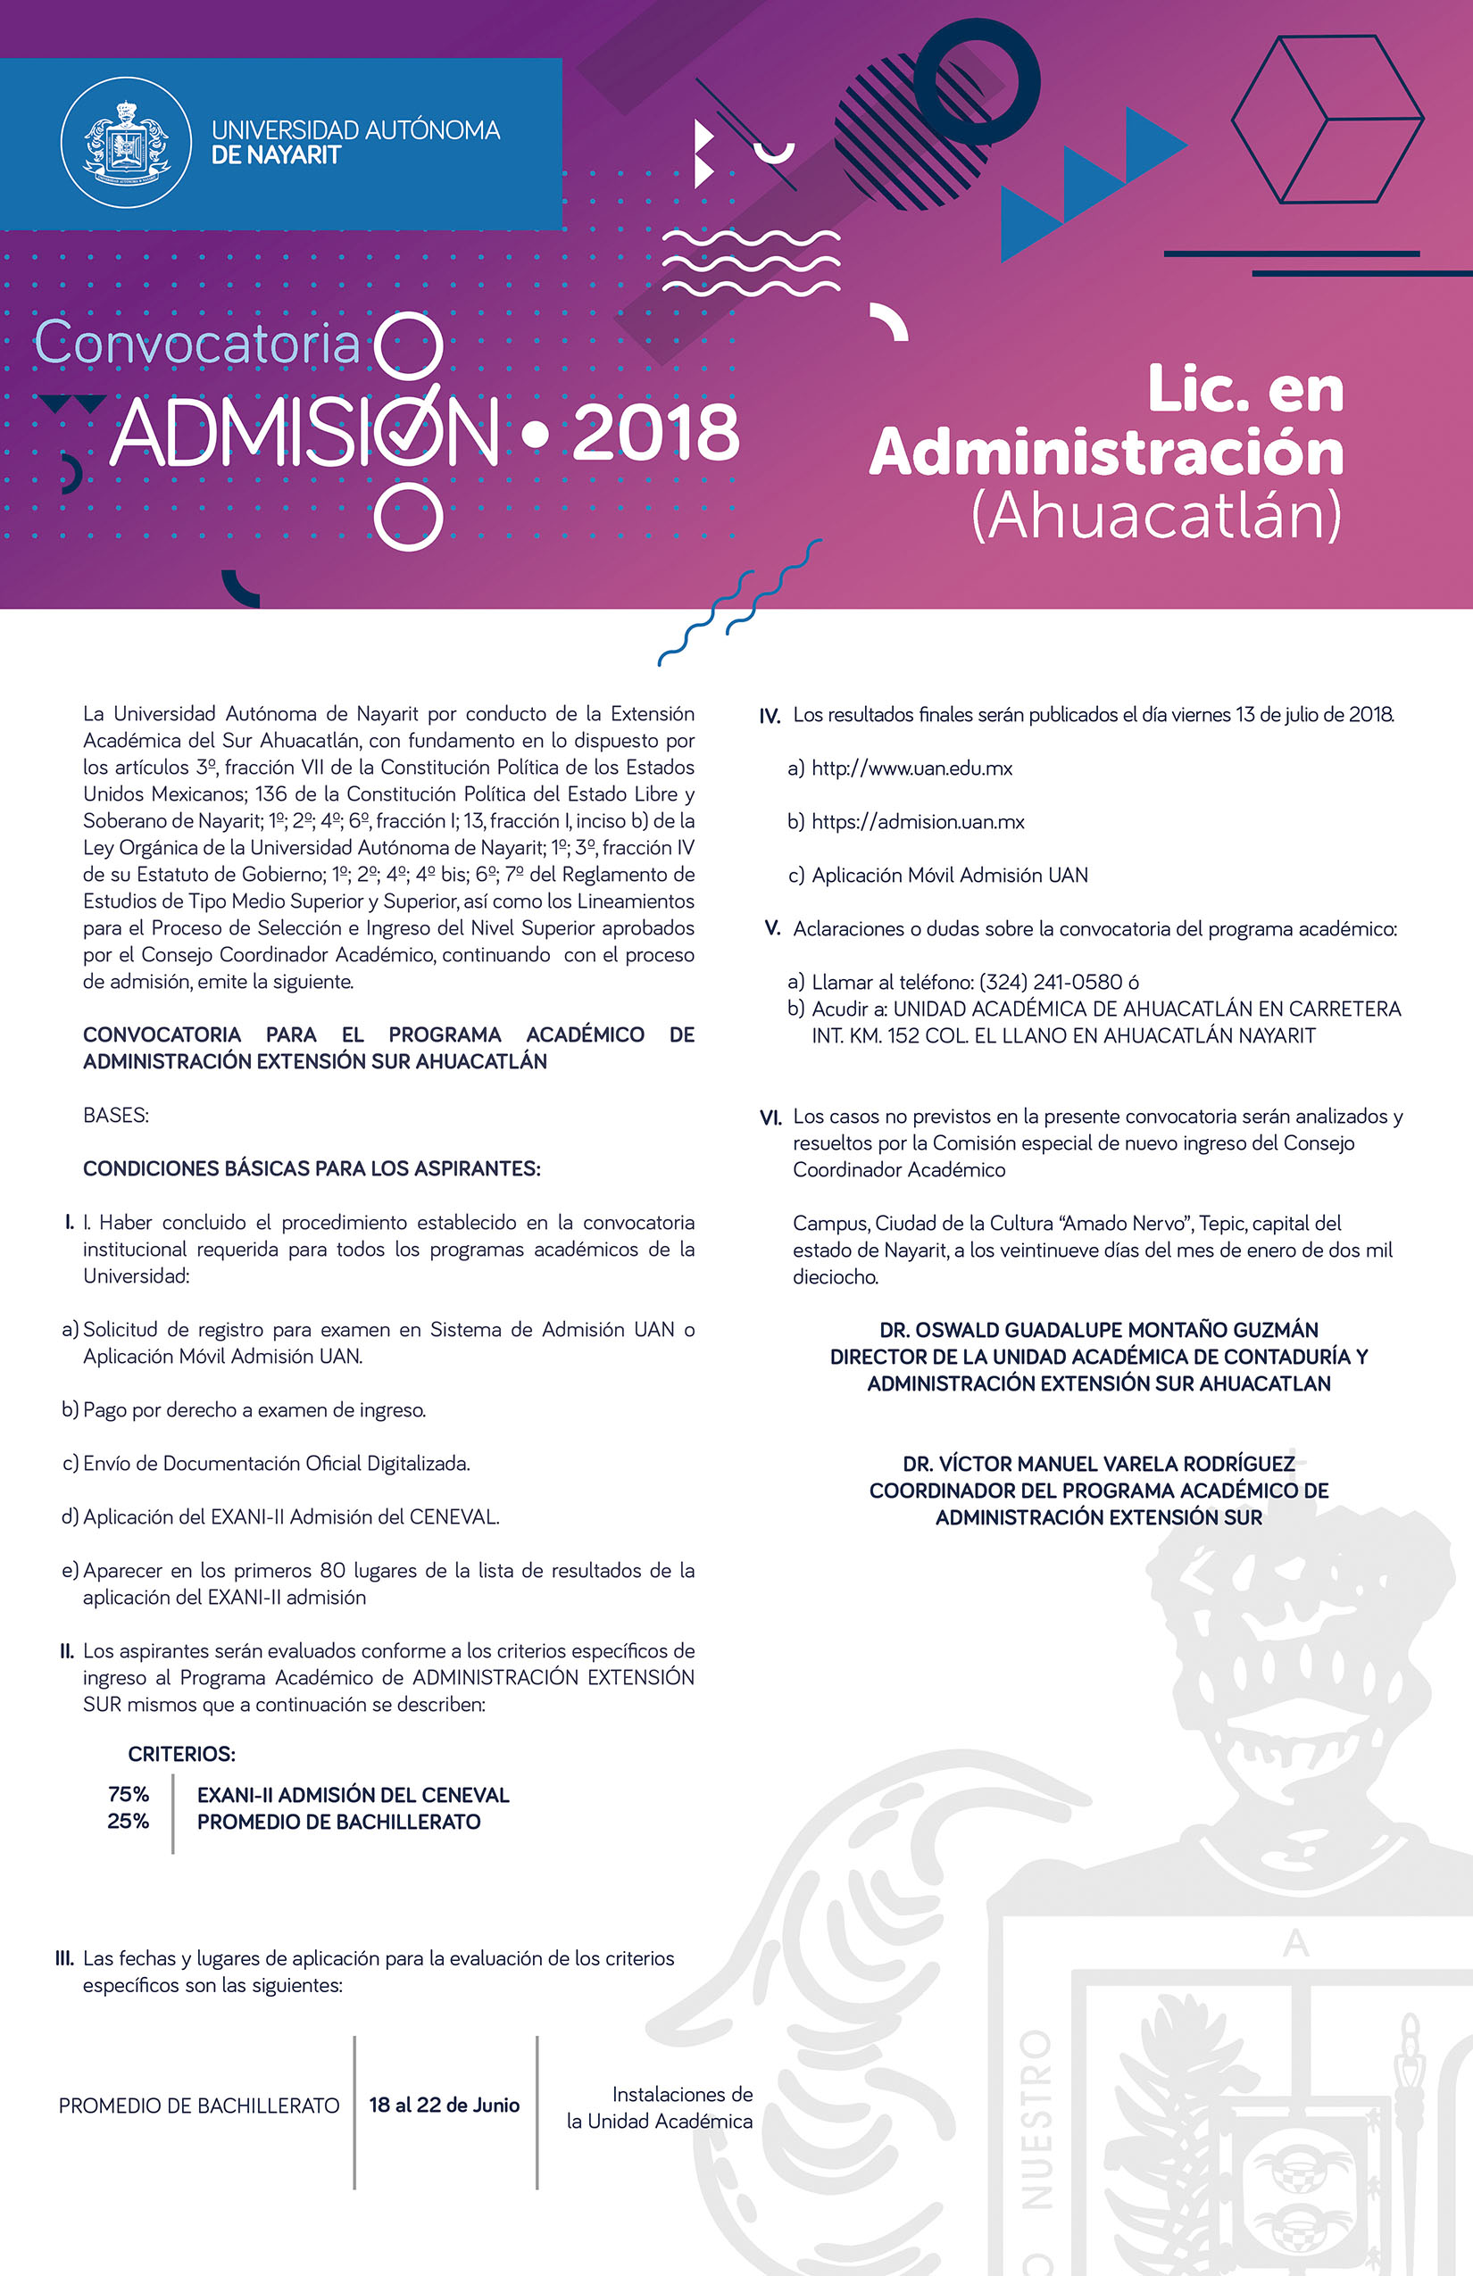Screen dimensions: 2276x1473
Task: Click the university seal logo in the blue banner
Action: [126, 143]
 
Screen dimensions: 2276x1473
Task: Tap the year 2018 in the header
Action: [656, 433]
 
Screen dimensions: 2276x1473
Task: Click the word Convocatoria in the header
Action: [197, 344]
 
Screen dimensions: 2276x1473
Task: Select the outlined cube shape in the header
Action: [1327, 120]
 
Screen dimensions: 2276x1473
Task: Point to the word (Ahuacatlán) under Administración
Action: [1156, 517]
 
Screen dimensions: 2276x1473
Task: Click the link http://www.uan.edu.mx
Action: [911, 768]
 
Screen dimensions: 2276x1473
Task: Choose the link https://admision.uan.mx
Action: [918, 821]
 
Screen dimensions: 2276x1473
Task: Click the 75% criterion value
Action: [129, 1794]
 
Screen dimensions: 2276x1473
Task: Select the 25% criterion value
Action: [129, 1821]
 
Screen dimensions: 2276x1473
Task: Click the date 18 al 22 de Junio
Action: [444, 2105]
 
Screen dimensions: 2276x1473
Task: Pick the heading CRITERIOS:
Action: [182, 1754]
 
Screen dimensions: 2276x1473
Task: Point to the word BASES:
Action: [116, 1115]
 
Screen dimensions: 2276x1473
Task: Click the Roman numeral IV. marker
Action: [770, 715]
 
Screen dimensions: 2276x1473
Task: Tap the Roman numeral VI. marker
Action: [770, 1117]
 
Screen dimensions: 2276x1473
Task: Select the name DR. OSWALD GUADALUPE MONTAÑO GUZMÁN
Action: [1098, 1329]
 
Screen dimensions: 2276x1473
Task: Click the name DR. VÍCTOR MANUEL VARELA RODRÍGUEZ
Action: [1098, 1464]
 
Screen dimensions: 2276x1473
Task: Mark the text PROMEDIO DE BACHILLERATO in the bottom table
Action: [199, 2106]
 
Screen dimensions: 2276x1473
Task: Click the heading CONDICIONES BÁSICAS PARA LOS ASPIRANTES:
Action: [312, 1168]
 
